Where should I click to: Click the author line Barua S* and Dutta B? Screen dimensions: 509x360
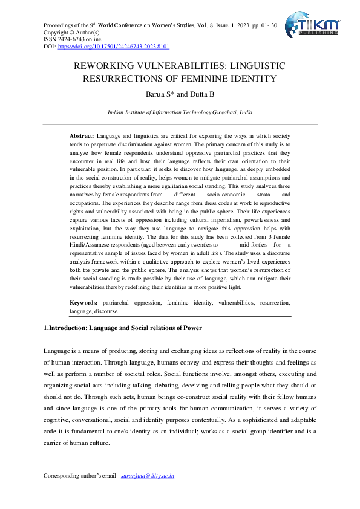[180, 94]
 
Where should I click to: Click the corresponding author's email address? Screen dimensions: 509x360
[148, 476]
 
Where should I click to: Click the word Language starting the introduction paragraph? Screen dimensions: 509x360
[57, 351]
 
